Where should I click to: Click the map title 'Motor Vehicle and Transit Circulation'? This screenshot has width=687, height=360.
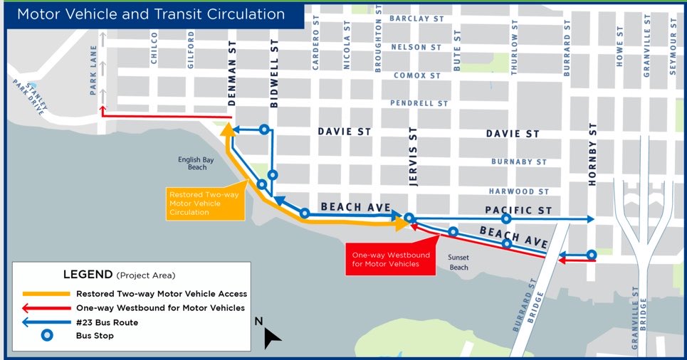tap(151, 15)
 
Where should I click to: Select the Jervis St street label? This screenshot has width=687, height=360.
tap(412, 154)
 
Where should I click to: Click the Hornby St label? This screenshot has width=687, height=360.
tap(592, 155)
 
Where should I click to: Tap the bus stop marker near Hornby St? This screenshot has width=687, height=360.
tap(592, 255)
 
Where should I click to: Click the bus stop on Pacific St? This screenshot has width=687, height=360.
tap(506, 219)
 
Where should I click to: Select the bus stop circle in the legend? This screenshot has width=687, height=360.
tap(46, 337)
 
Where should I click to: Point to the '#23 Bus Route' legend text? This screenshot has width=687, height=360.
tap(107, 322)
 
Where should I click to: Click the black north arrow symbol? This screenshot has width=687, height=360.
tap(271, 337)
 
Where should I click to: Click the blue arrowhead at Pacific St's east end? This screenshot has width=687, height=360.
tap(590, 219)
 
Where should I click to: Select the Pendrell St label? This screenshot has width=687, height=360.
tap(419, 103)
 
